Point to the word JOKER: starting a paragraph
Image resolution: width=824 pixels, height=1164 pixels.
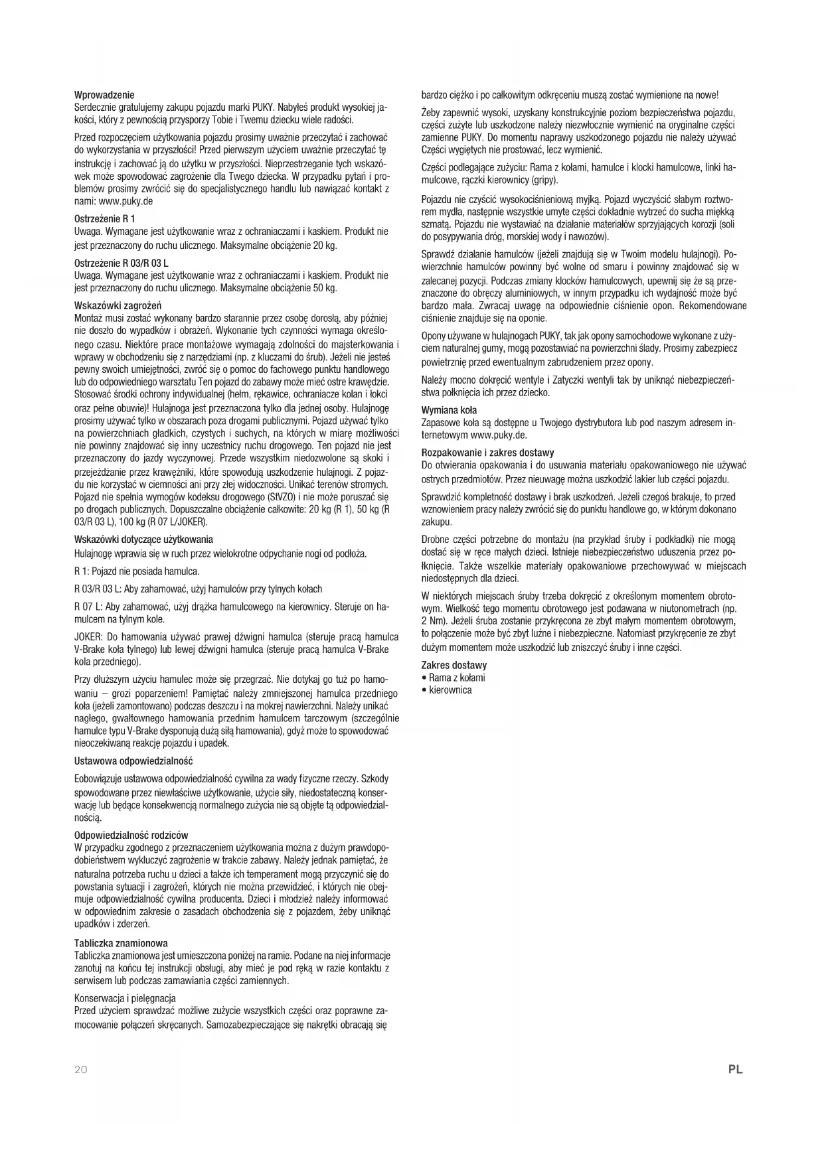[x=88, y=636]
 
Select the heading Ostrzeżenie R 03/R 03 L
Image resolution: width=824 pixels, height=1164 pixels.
[x=122, y=262]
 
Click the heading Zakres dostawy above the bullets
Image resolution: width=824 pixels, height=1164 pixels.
[x=454, y=665]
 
